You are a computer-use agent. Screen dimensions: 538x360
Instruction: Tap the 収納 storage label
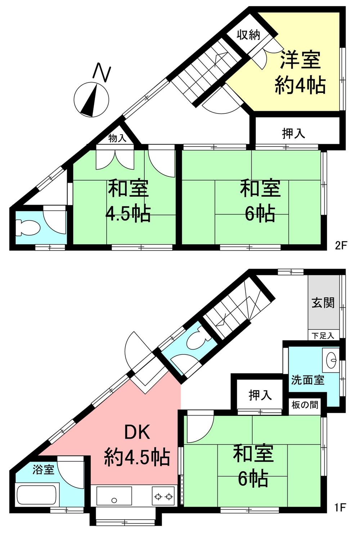click(248, 35)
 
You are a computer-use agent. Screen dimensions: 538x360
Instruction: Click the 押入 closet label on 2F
click(293, 134)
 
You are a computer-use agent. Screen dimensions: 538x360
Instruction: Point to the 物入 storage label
click(117, 138)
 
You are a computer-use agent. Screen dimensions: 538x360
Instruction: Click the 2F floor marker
click(340, 246)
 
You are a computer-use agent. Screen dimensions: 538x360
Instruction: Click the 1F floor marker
click(340, 508)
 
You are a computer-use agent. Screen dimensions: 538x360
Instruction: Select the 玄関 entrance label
click(323, 302)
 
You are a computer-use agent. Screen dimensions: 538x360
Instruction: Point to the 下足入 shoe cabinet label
click(323, 336)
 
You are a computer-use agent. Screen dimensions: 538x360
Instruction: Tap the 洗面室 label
click(307, 380)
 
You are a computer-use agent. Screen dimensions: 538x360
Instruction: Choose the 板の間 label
click(305, 405)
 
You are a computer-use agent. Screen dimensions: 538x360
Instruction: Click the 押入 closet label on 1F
click(260, 395)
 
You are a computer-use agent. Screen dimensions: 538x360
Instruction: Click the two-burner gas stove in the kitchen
click(163, 497)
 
